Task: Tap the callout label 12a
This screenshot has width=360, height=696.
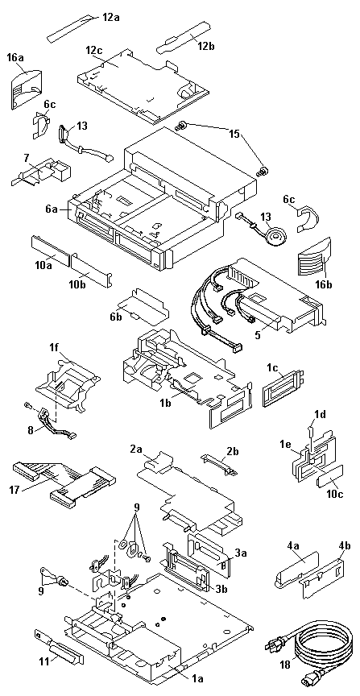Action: point(111,17)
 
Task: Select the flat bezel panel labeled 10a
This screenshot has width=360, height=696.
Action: point(50,251)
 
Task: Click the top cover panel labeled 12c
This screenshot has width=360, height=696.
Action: point(142,85)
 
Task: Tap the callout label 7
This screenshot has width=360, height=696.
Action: point(27,157)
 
